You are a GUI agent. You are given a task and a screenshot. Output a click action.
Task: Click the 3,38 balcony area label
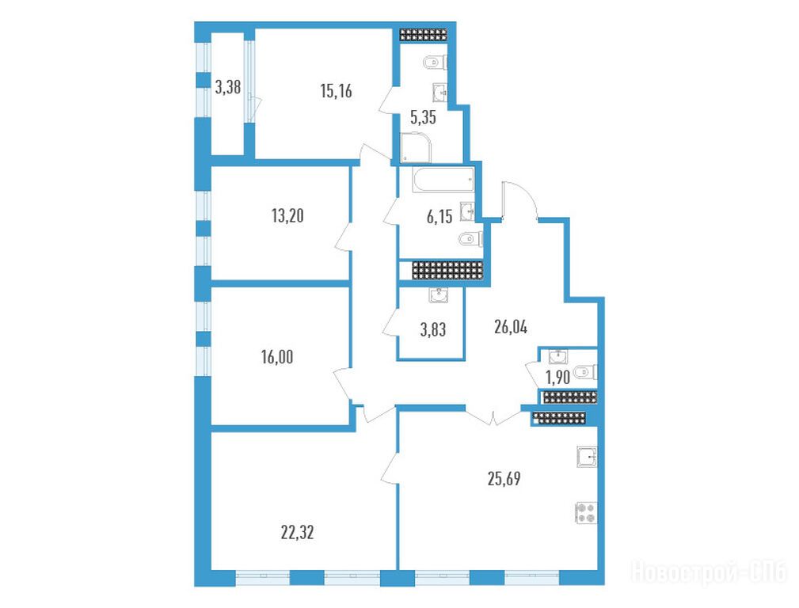tap(227, 88)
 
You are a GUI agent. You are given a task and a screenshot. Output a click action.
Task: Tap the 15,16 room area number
tap(336, 91)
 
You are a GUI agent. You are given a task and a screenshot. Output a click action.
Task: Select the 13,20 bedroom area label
tap(287, 216)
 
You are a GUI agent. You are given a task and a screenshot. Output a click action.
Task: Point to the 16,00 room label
tap(277, 357)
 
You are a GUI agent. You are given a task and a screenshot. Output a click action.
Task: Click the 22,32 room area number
tap(297, 533)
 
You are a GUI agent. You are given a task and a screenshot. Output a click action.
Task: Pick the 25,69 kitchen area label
tap(504, 479)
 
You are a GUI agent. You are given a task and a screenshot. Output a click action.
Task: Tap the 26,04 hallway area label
tap(511, 327)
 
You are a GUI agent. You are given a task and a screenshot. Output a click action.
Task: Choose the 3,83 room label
tap(432, 330)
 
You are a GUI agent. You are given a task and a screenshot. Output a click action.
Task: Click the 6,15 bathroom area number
tap(439, 217)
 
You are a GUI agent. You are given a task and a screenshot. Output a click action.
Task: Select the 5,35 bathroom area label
tap(423, 118)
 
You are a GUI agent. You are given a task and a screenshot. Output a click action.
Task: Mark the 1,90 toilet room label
tap(557, 378)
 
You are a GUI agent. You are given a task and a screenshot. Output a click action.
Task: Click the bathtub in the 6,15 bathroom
tap(443, 181)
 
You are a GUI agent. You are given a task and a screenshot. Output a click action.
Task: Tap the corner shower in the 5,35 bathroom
tap(416, 147)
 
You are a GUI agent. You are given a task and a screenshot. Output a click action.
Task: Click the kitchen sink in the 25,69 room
tap(587, 457)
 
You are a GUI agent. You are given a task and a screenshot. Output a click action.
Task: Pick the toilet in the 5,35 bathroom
tap(436, 63)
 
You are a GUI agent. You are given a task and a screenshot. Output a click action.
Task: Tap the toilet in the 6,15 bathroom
tap(470, 238)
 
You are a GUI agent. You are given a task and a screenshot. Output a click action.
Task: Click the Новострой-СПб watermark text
tap(710, 572)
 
